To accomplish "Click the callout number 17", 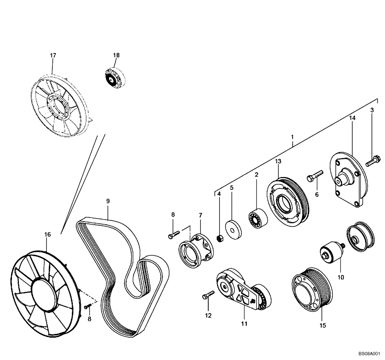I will (53, 55).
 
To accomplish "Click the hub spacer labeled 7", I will (197, 250).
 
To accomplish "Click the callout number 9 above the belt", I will (108, 201).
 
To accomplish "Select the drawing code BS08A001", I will (369, 353).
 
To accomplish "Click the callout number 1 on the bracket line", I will (293, 137).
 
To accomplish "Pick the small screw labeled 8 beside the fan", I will (88, 305).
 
